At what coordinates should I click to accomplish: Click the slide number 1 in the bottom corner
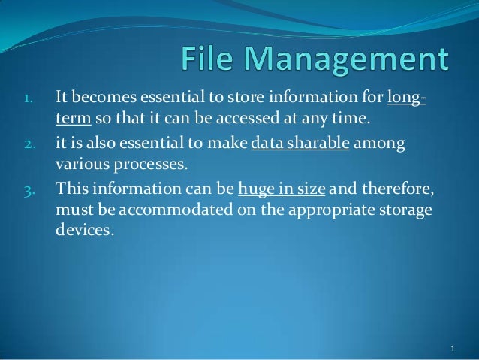[x=453, y=349]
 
